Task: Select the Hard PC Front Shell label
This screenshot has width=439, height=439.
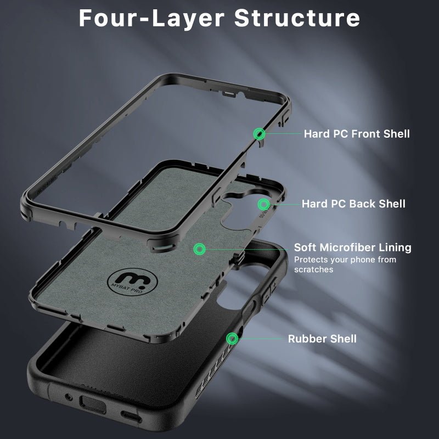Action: click(x=357, y=133)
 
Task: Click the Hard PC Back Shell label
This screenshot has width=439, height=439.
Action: click(x=353, y=204)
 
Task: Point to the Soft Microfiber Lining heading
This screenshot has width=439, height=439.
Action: click(x=352, y=247)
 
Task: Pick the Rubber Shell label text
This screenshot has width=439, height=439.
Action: click(x=322, y=339)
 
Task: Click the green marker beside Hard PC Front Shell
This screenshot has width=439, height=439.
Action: click(x=259, y=133)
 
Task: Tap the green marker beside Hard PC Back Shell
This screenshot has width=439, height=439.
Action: click(x=264, y=204)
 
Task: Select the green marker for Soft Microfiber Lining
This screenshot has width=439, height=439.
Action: click(x=199, y=249)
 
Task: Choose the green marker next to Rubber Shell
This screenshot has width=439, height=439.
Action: click(x=233, y=338)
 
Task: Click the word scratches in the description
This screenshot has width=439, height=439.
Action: click(x=313, y=269)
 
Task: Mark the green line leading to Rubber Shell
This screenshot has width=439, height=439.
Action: click(x=261, y=338)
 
